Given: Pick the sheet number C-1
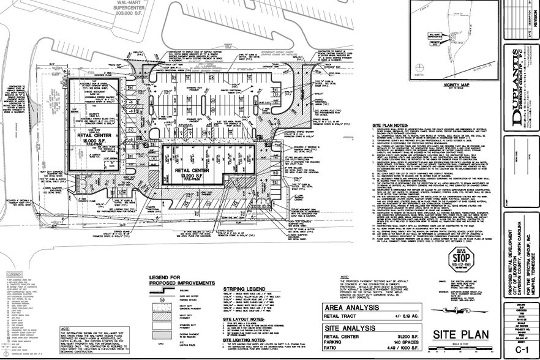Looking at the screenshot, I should (521, 348).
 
